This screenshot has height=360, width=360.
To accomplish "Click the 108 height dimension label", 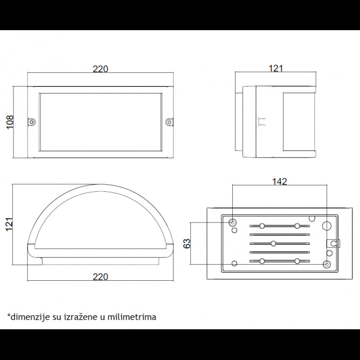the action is click(10, 122).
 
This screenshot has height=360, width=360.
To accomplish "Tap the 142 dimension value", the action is click(279, 182).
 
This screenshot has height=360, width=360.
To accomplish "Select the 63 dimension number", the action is click(187, 244).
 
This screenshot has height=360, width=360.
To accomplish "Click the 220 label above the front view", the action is click(100, 69).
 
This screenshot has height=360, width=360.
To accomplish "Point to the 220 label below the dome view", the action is click(100, 276).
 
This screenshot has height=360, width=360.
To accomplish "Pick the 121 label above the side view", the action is click(275, 68).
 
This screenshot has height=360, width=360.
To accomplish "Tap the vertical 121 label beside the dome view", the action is click(9, 224).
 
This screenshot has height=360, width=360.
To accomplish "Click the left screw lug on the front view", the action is click(31, 122).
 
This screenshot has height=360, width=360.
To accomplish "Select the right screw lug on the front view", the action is click(169, 122).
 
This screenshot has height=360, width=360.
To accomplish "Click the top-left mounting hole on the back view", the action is click(232, 223).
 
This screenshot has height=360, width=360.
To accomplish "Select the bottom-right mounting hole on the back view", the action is click(327, 265).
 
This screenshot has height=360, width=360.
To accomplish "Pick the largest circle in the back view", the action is click(327, 226).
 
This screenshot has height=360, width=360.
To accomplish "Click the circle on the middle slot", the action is click(273, 244).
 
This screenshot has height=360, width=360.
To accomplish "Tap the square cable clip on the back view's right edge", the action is click(333, 244).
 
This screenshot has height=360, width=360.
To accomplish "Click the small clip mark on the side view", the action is click(262, 122).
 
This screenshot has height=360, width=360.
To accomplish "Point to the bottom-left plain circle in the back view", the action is click(234, 263).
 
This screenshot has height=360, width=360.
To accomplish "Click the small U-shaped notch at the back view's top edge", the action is click(312, 218).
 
